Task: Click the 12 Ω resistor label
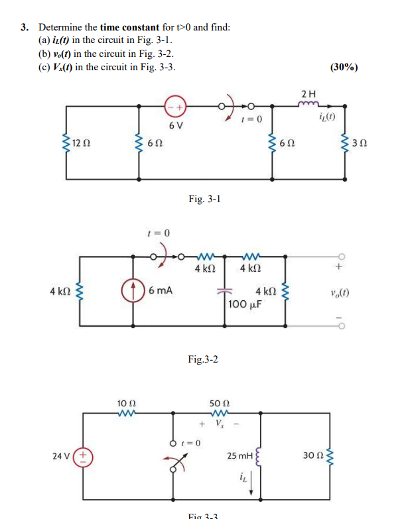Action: [x=81, y=143]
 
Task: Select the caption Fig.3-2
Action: [x=203, y=359]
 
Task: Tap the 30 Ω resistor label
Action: [x=310, y=455]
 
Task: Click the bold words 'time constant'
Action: [x=130, y=28]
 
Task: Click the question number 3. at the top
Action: [x=24, y=28]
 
